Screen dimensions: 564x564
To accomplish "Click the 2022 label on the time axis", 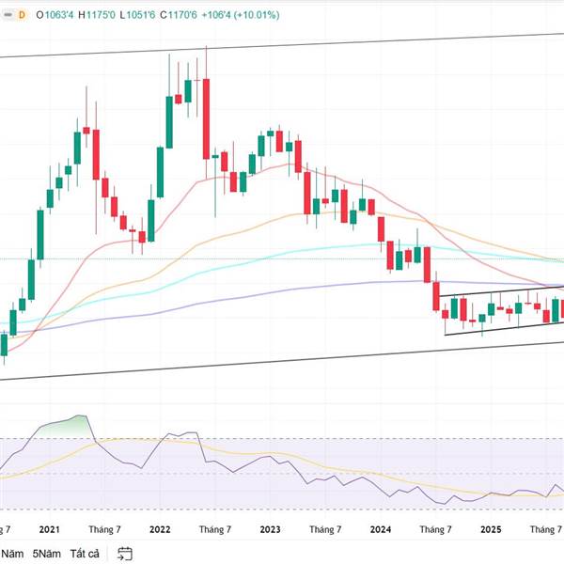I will tap(160, 530).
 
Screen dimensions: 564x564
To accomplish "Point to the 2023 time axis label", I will tap(271, 530).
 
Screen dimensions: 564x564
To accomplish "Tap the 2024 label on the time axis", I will tap(381, 530).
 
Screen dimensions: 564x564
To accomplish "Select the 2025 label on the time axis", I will tap(491, 530).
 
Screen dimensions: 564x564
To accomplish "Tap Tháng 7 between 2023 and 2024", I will tap(325, 530).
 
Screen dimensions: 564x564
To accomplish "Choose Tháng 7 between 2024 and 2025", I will tap(435, 530).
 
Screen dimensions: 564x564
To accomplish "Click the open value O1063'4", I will tap(57, 15).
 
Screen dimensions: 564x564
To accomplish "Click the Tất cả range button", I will tap(86, 554).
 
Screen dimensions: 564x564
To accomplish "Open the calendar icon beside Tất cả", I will tap(127, 554).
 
